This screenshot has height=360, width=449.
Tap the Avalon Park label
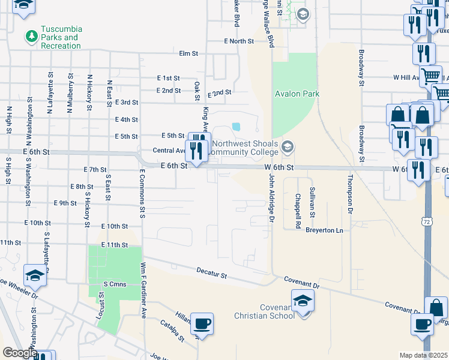(297, 94)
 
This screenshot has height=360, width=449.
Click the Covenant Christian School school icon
(303, 299)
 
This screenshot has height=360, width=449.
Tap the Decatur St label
(212, 274)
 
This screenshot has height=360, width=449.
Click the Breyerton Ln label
(324, 230)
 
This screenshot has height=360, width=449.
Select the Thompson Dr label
(349, 194)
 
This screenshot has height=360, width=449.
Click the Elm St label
(188, 53)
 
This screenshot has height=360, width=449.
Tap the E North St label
(239, 41)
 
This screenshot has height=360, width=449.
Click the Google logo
(19, 353)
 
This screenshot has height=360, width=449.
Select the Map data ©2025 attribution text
(424, 355)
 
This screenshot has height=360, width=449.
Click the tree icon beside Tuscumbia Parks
(31, 37)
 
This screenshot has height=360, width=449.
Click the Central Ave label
(169, 150)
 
